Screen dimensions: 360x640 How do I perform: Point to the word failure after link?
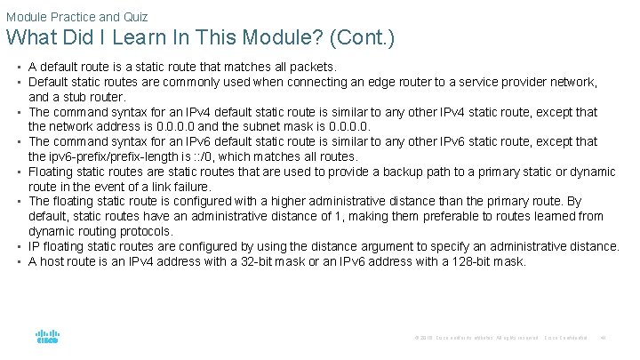[191, 187]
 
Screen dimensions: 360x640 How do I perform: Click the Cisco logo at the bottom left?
[47, 338]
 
